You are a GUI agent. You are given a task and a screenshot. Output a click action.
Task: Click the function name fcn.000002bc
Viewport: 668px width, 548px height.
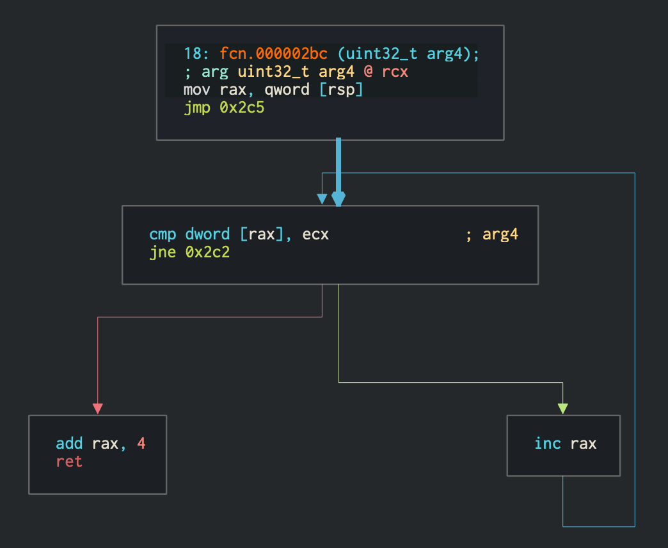[x=273, y=54]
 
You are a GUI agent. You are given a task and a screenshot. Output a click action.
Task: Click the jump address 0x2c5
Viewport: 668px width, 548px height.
[x=243, y=108]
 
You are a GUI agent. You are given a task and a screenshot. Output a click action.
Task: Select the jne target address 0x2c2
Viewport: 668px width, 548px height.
[x=208, y=252]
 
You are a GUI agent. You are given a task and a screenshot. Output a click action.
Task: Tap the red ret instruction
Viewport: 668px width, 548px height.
[x=69, y=461]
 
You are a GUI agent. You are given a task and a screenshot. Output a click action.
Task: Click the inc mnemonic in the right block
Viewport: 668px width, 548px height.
[x=548, y=443]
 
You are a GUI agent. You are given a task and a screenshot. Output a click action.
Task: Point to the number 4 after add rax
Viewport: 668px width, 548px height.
[x=141, y=443]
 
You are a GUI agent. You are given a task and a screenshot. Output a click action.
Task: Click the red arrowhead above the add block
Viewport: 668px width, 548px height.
[x=97, y=408]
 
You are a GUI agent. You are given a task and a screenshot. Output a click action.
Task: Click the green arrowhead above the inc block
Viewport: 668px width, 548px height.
[x=563, y=408]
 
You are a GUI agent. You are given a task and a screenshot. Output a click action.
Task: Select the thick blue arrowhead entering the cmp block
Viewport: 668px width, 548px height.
[x=338, y=200]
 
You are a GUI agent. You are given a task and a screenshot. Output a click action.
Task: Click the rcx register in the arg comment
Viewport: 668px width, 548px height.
[x=395, y=72]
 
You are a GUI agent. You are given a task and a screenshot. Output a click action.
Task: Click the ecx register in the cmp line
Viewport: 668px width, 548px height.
[x=315, y=234]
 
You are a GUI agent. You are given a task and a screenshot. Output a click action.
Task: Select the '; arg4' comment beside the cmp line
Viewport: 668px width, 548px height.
[x=491, y=234]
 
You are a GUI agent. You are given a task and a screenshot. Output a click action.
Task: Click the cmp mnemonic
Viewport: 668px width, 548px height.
[x=163, y=234]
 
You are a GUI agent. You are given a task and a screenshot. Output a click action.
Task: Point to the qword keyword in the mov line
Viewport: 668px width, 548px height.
[x=287, y=90]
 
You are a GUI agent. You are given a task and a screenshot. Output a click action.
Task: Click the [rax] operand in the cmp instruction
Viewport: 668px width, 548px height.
[x=262, y=234]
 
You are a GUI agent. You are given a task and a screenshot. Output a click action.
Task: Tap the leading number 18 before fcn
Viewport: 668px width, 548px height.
[x=191, y=54]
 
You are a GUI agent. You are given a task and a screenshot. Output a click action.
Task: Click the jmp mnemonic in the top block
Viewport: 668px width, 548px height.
[x=196, y=108]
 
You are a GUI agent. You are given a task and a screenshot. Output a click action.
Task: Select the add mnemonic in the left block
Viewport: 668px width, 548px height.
[x=69, y=443]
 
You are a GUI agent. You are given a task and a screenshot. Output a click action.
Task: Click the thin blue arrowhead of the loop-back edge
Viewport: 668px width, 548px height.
[x=322, y=200]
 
